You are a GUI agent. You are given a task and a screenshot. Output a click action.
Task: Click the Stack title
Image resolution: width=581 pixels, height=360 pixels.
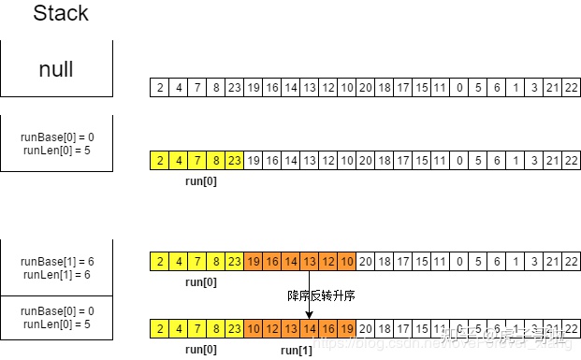click(x=62, y=14)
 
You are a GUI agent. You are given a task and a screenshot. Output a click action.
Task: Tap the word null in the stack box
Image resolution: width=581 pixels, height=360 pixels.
click(x=56, y=69)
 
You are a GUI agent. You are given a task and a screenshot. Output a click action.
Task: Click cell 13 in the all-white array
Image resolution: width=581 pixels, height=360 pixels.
click(x=309, y=88)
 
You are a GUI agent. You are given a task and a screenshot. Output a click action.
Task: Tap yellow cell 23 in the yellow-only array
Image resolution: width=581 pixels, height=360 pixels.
click(x=235, y=160)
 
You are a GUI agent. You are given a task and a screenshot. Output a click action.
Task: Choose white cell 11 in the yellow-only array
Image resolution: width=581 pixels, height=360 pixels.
click(x=438, y=160)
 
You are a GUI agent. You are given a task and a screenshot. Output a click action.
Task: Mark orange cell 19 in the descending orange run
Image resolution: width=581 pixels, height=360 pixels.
click(x=254, y=261)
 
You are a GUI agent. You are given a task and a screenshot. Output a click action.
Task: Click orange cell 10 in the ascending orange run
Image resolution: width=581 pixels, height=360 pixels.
click(x=254, y=329)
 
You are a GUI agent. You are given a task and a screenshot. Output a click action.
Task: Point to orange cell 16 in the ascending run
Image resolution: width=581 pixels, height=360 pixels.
click(x=327, y=329)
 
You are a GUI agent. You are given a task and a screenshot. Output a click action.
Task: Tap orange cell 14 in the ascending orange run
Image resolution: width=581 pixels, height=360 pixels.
click(x=309, y=329)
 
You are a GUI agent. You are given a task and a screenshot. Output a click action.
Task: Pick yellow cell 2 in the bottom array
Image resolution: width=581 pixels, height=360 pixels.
click(x=161, y=329)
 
